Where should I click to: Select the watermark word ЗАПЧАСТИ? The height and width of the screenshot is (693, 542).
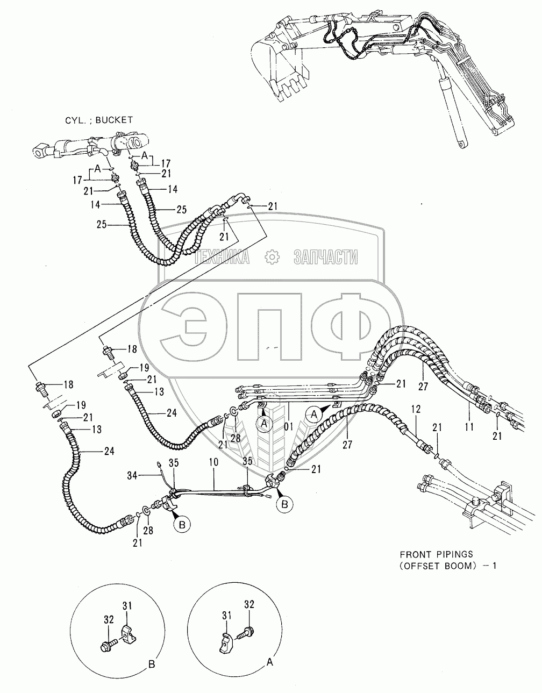pos(326,259)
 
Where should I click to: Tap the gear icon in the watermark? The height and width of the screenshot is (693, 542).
pos(273,259)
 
